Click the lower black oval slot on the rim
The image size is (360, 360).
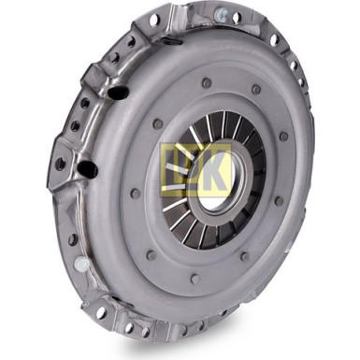[x=87, y=168]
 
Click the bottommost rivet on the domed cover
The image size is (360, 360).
[x=194, y=279]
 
